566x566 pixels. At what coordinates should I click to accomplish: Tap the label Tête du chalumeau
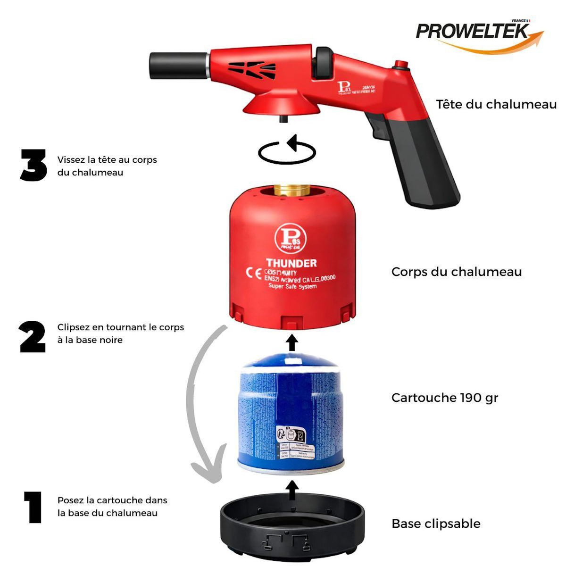496,104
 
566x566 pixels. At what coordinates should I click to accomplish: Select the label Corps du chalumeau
456,272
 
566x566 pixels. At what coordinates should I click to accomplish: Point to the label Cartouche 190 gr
444,398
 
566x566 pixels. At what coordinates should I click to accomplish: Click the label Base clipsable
436,524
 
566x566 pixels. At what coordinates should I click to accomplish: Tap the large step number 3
33,166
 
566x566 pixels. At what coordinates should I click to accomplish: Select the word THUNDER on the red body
291,263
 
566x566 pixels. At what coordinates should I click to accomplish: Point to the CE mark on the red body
253,274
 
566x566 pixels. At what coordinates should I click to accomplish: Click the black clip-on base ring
292,528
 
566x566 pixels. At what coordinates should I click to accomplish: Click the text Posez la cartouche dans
112,500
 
